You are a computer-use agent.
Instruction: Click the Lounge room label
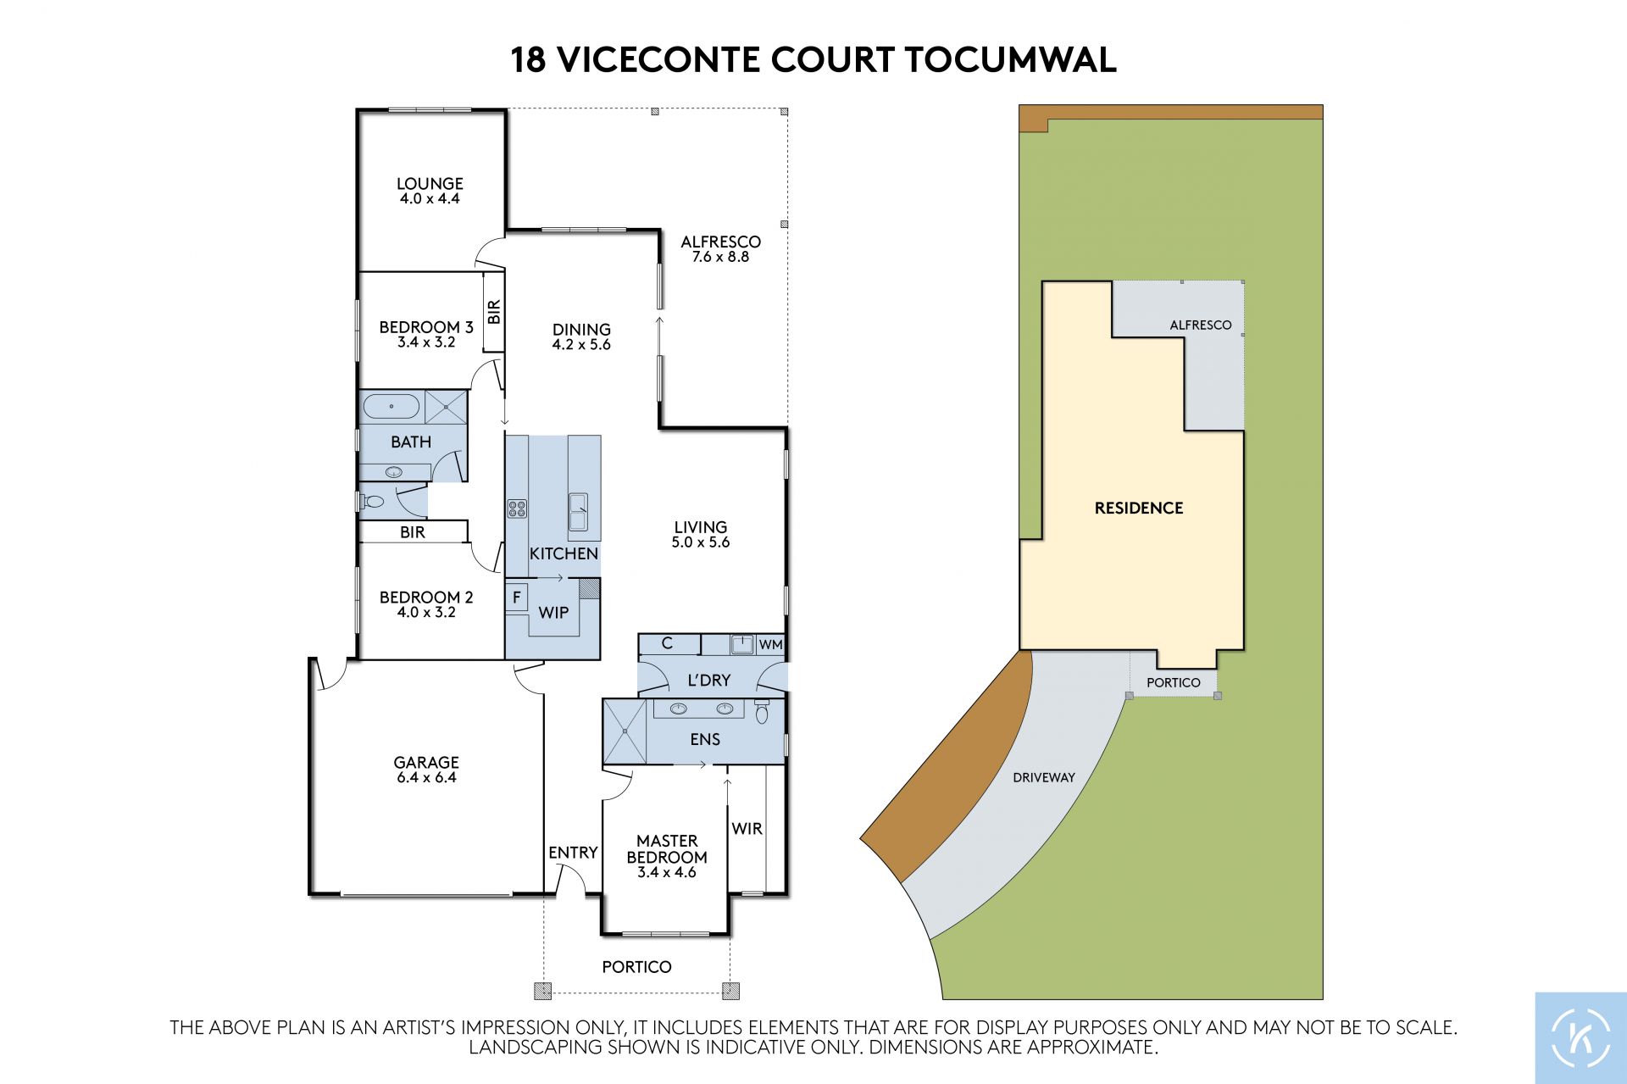coord(430,191)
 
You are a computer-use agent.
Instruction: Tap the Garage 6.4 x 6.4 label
coord(426,770)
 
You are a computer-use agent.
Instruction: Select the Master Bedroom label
coord(667,856)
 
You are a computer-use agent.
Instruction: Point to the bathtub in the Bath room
coord(391,407)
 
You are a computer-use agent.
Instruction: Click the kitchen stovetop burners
coord(517,509)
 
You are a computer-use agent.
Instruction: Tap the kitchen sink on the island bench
coord(578,511)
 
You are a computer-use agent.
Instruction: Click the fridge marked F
coord(516,597)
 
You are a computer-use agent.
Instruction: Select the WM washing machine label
coord(770,644)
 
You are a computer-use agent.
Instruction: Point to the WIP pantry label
coord(553,613)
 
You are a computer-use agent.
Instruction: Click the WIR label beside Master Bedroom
coord(747,829)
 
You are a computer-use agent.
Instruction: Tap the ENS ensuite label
coord(705,740)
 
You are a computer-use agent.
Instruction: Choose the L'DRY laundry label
coord(709,681)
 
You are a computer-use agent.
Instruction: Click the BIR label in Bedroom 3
coord(494,312)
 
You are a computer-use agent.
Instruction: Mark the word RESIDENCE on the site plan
coord(1139,509)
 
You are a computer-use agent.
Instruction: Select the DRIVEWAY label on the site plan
coord(1044,777)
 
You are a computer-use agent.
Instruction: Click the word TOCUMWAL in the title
coord(1010,60)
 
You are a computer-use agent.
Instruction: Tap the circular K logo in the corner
coord(1580,1037)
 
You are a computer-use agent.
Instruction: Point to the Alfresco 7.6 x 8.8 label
coord(721,249)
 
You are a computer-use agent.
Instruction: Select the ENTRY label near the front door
coord(573,853)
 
